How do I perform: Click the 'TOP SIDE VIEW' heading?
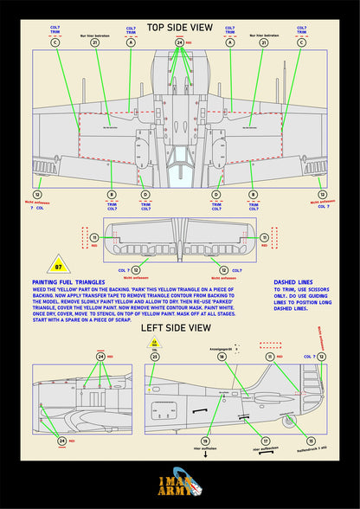[179, 29]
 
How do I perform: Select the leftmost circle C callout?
[55, 42]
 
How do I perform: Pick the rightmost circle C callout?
[301, 42]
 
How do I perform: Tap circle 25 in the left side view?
[155, 356]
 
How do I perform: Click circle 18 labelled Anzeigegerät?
[222, 356]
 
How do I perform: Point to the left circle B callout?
[111, 195]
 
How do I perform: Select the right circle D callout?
[215, 195]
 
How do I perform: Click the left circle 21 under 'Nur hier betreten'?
[95, 42]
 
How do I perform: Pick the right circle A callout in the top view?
[230, 42]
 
